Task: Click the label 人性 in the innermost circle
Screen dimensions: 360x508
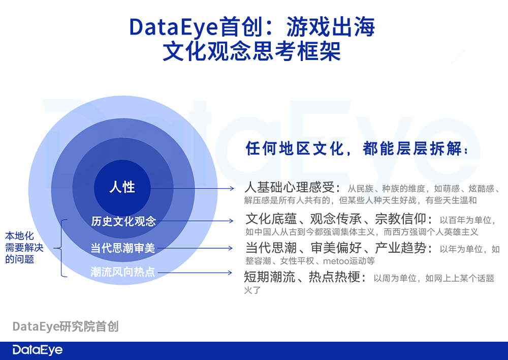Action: tap(122, 187)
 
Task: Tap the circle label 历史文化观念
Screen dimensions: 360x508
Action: tap(123, 222)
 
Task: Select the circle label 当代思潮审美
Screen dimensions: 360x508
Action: tap(123, 248)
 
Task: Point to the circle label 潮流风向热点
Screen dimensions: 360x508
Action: tap(122, 272)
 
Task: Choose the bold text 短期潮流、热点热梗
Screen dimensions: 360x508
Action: tap(305, 278)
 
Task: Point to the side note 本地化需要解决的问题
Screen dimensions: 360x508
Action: tap(24, 248)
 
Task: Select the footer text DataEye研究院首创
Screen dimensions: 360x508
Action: tap(66, 326)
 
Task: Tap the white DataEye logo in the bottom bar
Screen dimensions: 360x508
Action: tap(38, 350)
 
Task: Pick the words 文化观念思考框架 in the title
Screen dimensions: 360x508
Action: tap(252, 52)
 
